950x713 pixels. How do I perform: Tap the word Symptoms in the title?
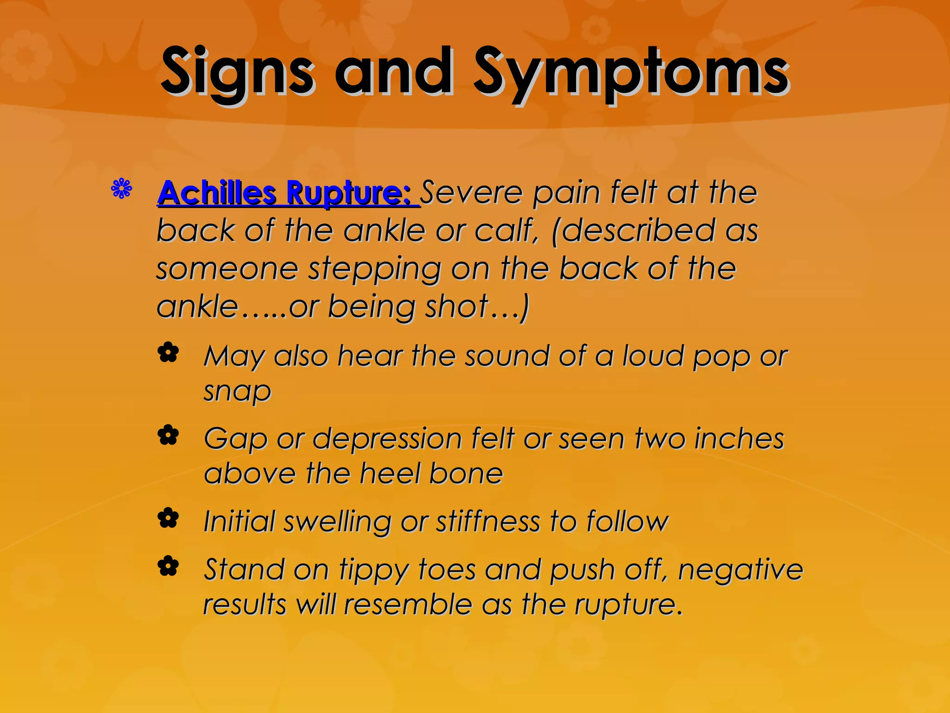point(631,74)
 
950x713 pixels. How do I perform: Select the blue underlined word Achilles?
point(217,193)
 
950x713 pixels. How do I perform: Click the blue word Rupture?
point(348,193)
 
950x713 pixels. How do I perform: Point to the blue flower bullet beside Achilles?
point(122,189)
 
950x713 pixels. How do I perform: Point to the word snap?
point(237,392)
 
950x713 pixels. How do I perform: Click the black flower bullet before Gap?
point(168,436)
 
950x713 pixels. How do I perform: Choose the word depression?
point(387,440)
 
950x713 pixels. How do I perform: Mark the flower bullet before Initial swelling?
point(168,518)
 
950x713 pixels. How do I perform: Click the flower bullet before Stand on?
point(168,566)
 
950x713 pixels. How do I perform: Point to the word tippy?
point(373,570)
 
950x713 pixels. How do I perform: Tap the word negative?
point(740,570)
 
